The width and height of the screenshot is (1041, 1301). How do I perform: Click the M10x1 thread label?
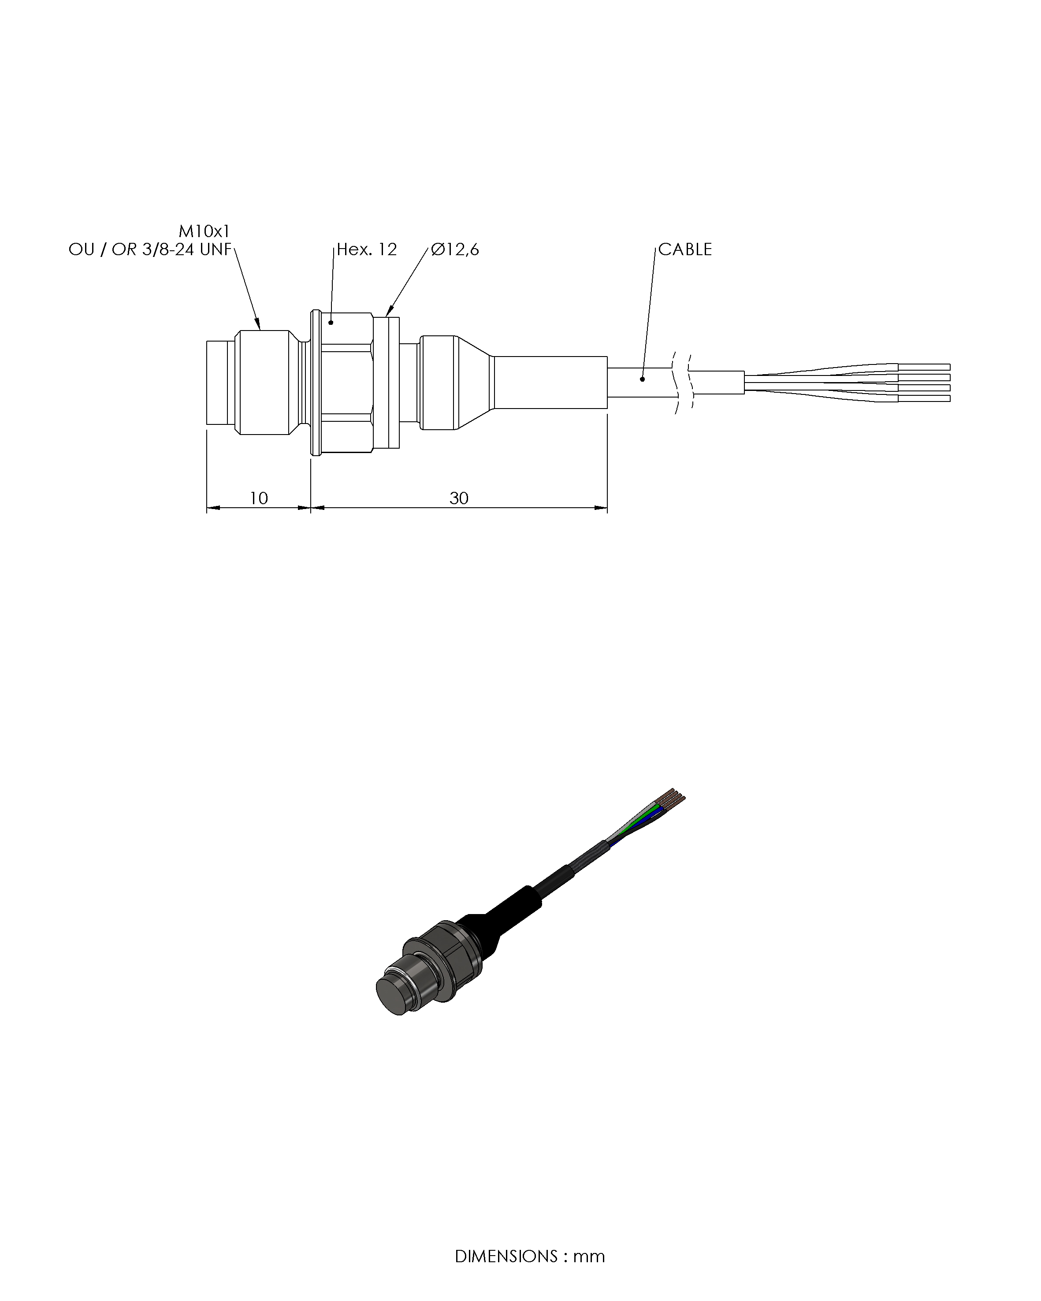[204, 231]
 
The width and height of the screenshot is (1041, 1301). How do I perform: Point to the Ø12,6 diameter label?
[455, 249]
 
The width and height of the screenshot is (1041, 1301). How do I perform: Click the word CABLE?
[685, 249]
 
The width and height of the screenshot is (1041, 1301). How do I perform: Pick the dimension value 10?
[258, 498]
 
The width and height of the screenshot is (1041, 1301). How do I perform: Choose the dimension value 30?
[459, 498]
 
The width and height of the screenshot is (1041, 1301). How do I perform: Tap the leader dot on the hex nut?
[331, 323]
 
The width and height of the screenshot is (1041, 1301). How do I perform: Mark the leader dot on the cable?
[642, 379]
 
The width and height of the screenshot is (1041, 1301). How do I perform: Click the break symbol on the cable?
[682, 382]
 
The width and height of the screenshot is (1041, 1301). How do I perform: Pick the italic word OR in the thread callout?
[124, 249]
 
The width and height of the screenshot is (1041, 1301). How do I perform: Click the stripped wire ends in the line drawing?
[924, 383]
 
